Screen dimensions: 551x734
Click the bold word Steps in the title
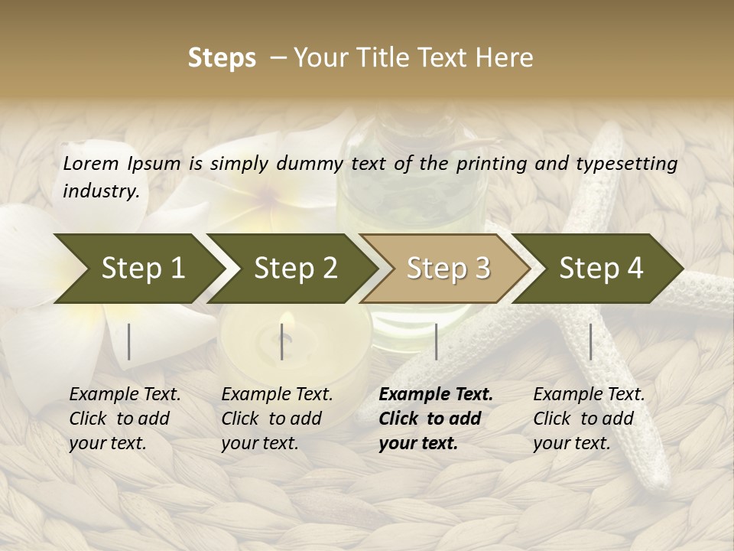[222, 58]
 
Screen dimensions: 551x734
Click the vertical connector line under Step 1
[129, 341]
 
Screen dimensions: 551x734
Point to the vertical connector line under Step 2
[282, 341]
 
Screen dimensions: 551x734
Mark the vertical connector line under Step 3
[436, 341]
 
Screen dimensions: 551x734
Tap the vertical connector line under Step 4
[590, 341]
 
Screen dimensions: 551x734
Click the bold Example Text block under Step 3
[436, 419]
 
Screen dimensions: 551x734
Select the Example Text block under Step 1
[125, 419]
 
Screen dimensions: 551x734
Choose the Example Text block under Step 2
[277, 419]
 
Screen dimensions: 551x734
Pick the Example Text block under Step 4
[589, 419]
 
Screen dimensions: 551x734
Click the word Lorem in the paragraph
[91, 163]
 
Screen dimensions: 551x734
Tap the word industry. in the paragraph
[101, 191]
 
